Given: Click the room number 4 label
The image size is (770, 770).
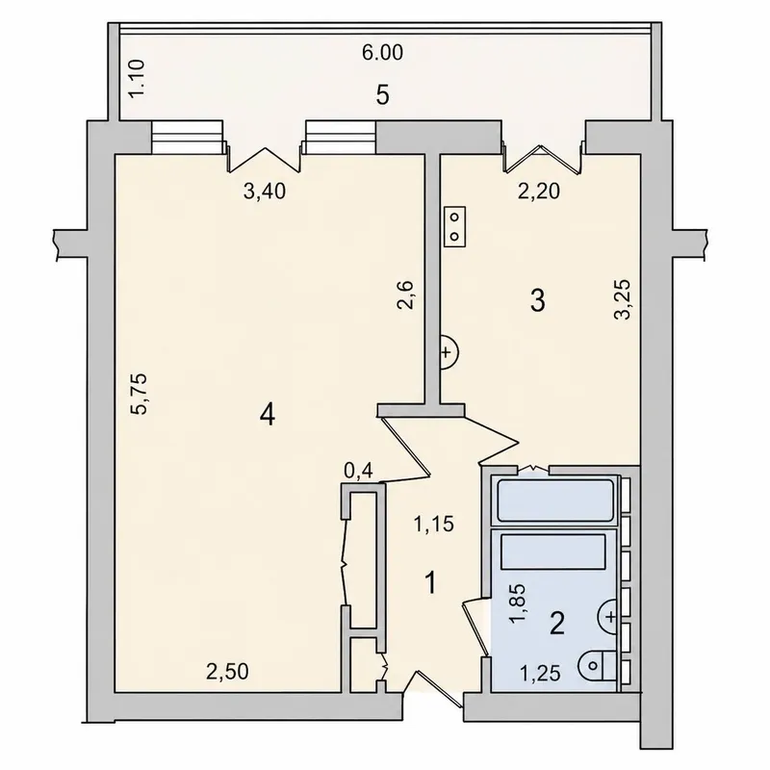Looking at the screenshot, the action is [x=268, y=416].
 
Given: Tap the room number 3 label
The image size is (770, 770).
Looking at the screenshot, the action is [x=538, y=300].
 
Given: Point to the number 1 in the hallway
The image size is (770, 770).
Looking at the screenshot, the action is [x=430, y=583].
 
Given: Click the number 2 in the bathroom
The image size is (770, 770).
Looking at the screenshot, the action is [x=557, y=624].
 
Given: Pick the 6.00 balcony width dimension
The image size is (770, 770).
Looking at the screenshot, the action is [x=382, y=53].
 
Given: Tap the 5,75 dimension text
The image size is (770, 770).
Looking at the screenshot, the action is [x=139, y=395].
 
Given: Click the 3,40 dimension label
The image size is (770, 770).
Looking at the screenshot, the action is [x=265, y=192].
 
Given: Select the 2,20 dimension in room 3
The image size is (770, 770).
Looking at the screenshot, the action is [x=539, y=191].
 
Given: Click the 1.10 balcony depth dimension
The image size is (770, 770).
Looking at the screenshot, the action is [x=137, y=78].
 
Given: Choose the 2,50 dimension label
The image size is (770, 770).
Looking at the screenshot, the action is [x=227, y=671].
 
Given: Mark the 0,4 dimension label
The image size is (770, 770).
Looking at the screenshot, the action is [x=358, y=472].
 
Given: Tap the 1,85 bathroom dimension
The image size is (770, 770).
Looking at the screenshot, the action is [x=517, y=604].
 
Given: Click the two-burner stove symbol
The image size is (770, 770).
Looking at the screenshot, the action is [x=454, y=226].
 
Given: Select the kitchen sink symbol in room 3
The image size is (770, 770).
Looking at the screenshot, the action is [x=449, y=352].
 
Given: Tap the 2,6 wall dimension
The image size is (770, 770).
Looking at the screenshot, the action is [x=406, y=295].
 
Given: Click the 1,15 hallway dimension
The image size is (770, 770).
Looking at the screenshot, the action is [x=434, y=525].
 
